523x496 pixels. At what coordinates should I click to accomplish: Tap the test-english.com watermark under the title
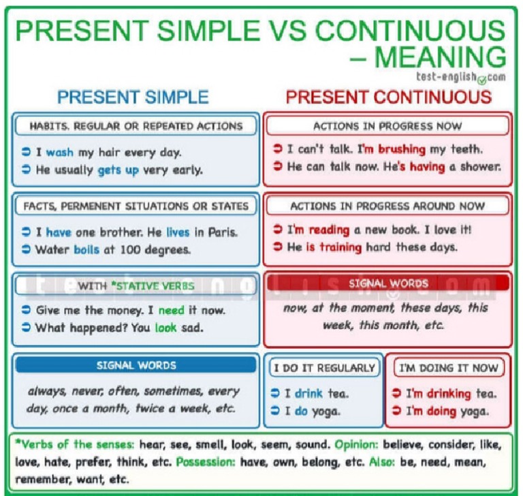pos(460,76)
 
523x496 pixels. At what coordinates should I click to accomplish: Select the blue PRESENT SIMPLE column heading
pos(133,97)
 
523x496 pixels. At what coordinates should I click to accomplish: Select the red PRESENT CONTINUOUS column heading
pos(388,97)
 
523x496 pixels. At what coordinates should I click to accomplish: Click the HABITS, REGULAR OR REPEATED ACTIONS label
pos(136,126)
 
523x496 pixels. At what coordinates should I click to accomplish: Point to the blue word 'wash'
pos(59,153)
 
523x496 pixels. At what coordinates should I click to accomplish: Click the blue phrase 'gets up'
pos(118,170)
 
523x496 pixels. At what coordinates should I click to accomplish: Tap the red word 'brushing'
pos(401,149)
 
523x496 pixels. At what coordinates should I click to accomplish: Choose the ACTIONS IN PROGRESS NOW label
pos(387,126)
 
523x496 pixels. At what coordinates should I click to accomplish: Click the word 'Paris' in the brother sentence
pos(222,232)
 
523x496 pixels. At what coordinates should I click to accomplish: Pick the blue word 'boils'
pos(86,249)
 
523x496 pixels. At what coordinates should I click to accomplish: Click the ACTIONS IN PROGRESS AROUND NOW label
pos(387,206)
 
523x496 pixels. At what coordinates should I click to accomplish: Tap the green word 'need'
pos(172,310)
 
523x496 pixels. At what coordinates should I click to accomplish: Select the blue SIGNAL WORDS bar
pos(136,365)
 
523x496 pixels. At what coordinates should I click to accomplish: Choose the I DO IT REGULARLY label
pos(324,368)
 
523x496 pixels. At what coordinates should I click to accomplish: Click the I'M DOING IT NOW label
pos(448,368)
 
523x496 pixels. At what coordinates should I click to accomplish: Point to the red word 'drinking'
pos(448,393)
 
